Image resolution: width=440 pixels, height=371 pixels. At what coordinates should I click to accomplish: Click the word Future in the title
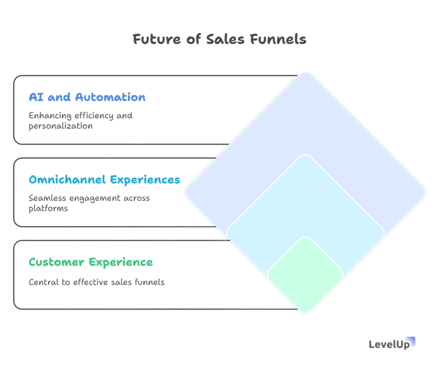[157, 39]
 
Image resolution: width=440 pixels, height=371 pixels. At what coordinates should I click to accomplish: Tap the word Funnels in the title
[278, 39]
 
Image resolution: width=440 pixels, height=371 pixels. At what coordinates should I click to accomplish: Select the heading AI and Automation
[87, 97]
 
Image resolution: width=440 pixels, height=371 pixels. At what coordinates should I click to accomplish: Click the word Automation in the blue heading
[110, 97]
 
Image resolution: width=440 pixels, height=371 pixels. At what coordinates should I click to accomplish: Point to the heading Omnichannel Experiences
[104, 180]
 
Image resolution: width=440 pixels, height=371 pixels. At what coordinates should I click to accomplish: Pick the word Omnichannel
[67, 179]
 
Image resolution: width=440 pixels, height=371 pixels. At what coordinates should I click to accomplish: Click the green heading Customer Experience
[91, 262]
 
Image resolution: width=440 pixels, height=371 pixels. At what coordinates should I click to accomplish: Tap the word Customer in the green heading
[56, 262]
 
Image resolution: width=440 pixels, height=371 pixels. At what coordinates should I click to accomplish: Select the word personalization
[61, 126]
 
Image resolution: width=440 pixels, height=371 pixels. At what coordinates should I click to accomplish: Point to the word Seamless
[47, 198]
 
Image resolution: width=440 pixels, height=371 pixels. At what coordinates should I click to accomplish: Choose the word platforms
[48, 209]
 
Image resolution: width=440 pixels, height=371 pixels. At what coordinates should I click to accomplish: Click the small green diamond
[306, 275]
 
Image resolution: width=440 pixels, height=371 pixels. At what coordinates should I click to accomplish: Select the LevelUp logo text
[389, 344]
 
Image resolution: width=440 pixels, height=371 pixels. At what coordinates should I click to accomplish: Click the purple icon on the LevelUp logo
[411, 341]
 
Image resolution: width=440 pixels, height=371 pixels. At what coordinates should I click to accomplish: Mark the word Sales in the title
[226, 39]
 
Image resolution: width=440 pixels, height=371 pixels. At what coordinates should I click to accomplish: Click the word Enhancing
[50, 116]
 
